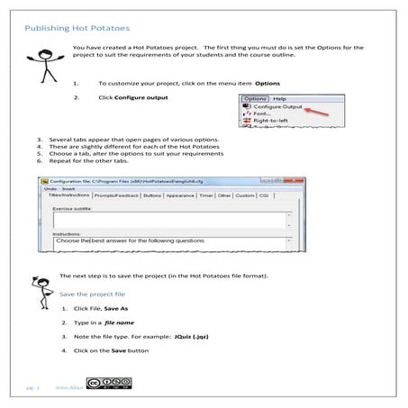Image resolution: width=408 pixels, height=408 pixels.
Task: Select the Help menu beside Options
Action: click(279, 97)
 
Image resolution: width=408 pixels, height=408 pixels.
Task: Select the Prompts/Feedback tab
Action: click(114, 195)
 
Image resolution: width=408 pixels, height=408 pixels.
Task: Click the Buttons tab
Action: click(152, 195)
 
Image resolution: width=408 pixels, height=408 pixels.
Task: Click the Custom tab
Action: click(245, 195)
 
